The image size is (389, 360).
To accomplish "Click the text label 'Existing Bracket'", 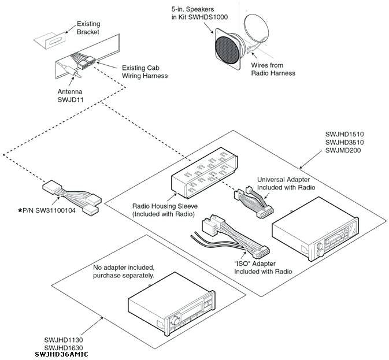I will pos(88,28).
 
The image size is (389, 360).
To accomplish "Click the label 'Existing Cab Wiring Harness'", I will pos(145,72).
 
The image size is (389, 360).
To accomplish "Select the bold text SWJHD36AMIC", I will pos(61,354).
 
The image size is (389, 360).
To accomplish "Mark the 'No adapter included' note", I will pos(124,272).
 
